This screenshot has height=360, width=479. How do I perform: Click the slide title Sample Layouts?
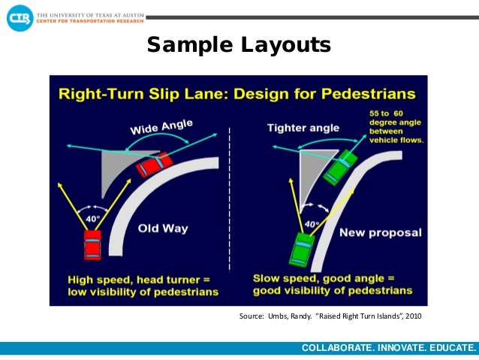(x=239, y=45)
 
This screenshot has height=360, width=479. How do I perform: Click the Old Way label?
(x=164, y=228)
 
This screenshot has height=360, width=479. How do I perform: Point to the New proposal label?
(x=381, y=232)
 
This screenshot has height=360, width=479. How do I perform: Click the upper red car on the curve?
(x=155, y=165)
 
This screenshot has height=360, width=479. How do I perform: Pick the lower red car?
(x=92, y=244)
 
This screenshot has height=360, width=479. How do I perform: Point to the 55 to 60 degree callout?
(x=396, y=126)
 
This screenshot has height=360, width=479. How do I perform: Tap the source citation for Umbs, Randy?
(x=330, y=316)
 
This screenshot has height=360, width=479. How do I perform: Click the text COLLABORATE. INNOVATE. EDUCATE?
(x=388, y=348)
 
